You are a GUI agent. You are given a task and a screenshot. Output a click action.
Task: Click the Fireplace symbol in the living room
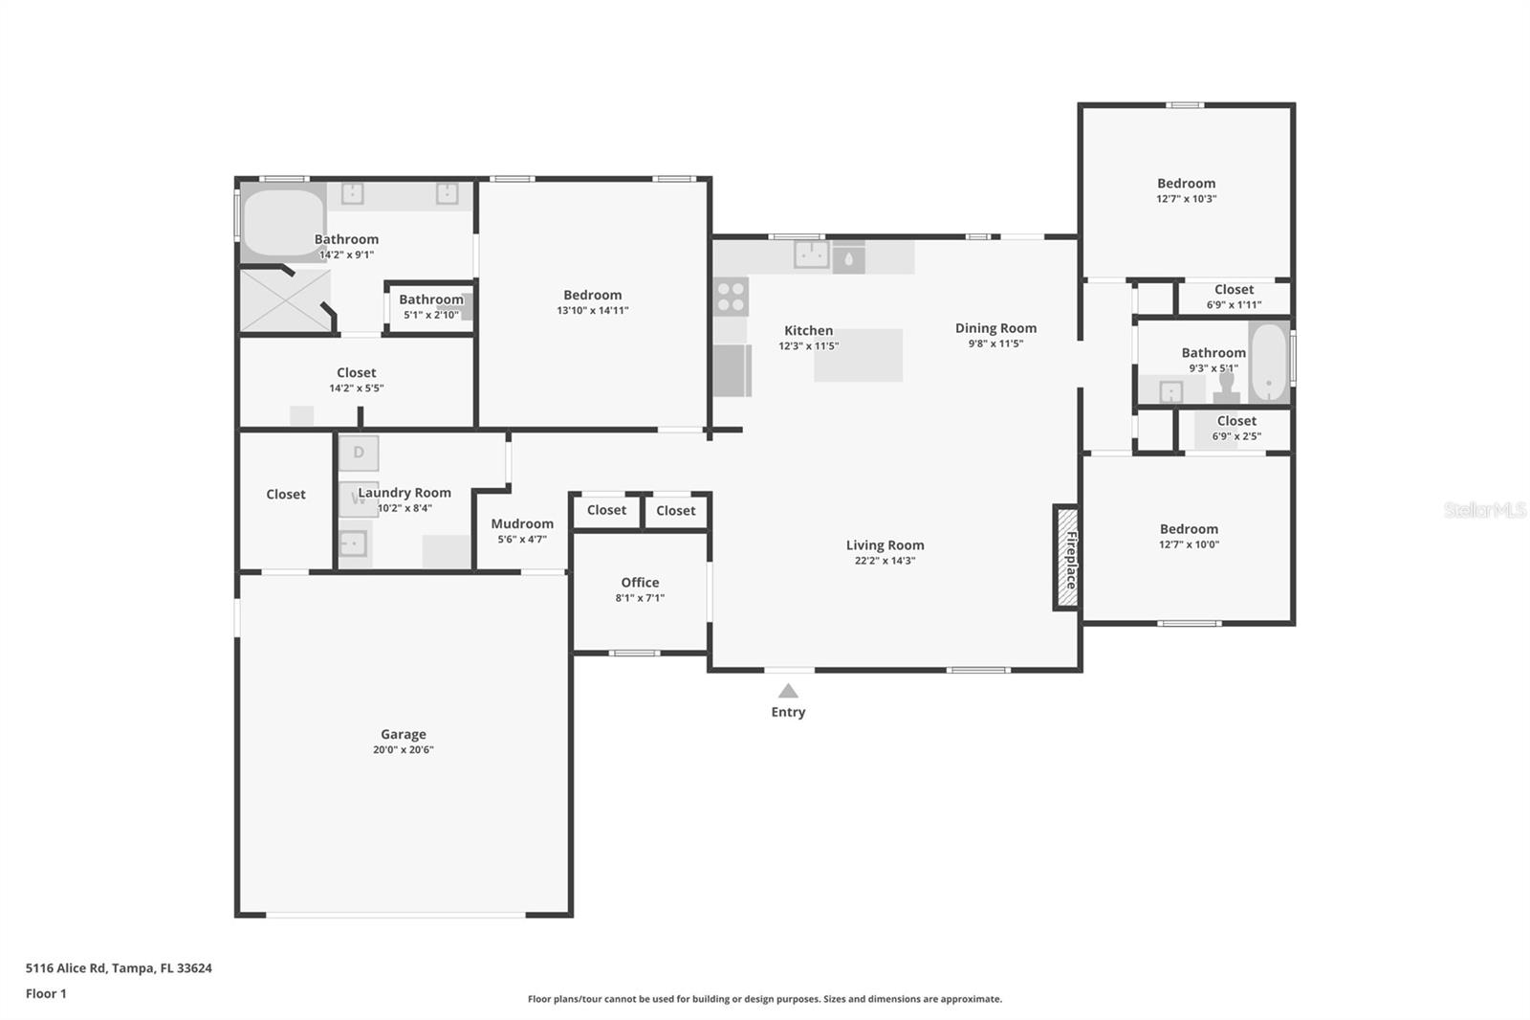coord(1065,558)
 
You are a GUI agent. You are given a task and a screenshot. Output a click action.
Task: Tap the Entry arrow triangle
coord(787,691)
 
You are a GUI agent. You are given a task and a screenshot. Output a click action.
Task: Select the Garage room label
coord(403,734)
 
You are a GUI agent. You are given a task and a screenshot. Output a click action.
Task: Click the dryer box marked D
coord(359,453)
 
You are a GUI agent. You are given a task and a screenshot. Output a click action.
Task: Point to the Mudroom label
coord(521,523)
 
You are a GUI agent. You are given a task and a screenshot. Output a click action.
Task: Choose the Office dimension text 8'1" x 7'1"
coord(640,598)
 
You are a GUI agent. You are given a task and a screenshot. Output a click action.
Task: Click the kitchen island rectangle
coord(858,355)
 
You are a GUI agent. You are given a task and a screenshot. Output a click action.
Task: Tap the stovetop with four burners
coord(732,296)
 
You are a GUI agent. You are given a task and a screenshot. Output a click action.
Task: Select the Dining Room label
coord(995,328)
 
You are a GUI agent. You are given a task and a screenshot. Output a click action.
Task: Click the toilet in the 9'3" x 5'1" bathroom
coord(1227,388)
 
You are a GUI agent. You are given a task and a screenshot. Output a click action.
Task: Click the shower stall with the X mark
coord(284,301)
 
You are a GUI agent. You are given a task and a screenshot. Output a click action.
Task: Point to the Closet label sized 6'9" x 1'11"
coord(1234,290)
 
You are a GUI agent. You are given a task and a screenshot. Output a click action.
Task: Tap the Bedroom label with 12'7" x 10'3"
coord(1186,184)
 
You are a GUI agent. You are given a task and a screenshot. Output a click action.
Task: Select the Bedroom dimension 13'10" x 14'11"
coord(592,311)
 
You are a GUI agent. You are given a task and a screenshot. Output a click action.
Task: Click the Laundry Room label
coord(404,493)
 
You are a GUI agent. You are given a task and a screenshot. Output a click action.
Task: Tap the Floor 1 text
coord(46,993)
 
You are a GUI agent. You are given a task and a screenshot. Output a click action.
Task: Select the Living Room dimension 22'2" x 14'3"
coord(885,561)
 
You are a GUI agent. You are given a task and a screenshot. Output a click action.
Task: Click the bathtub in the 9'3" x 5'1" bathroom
coord(1269,364)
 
